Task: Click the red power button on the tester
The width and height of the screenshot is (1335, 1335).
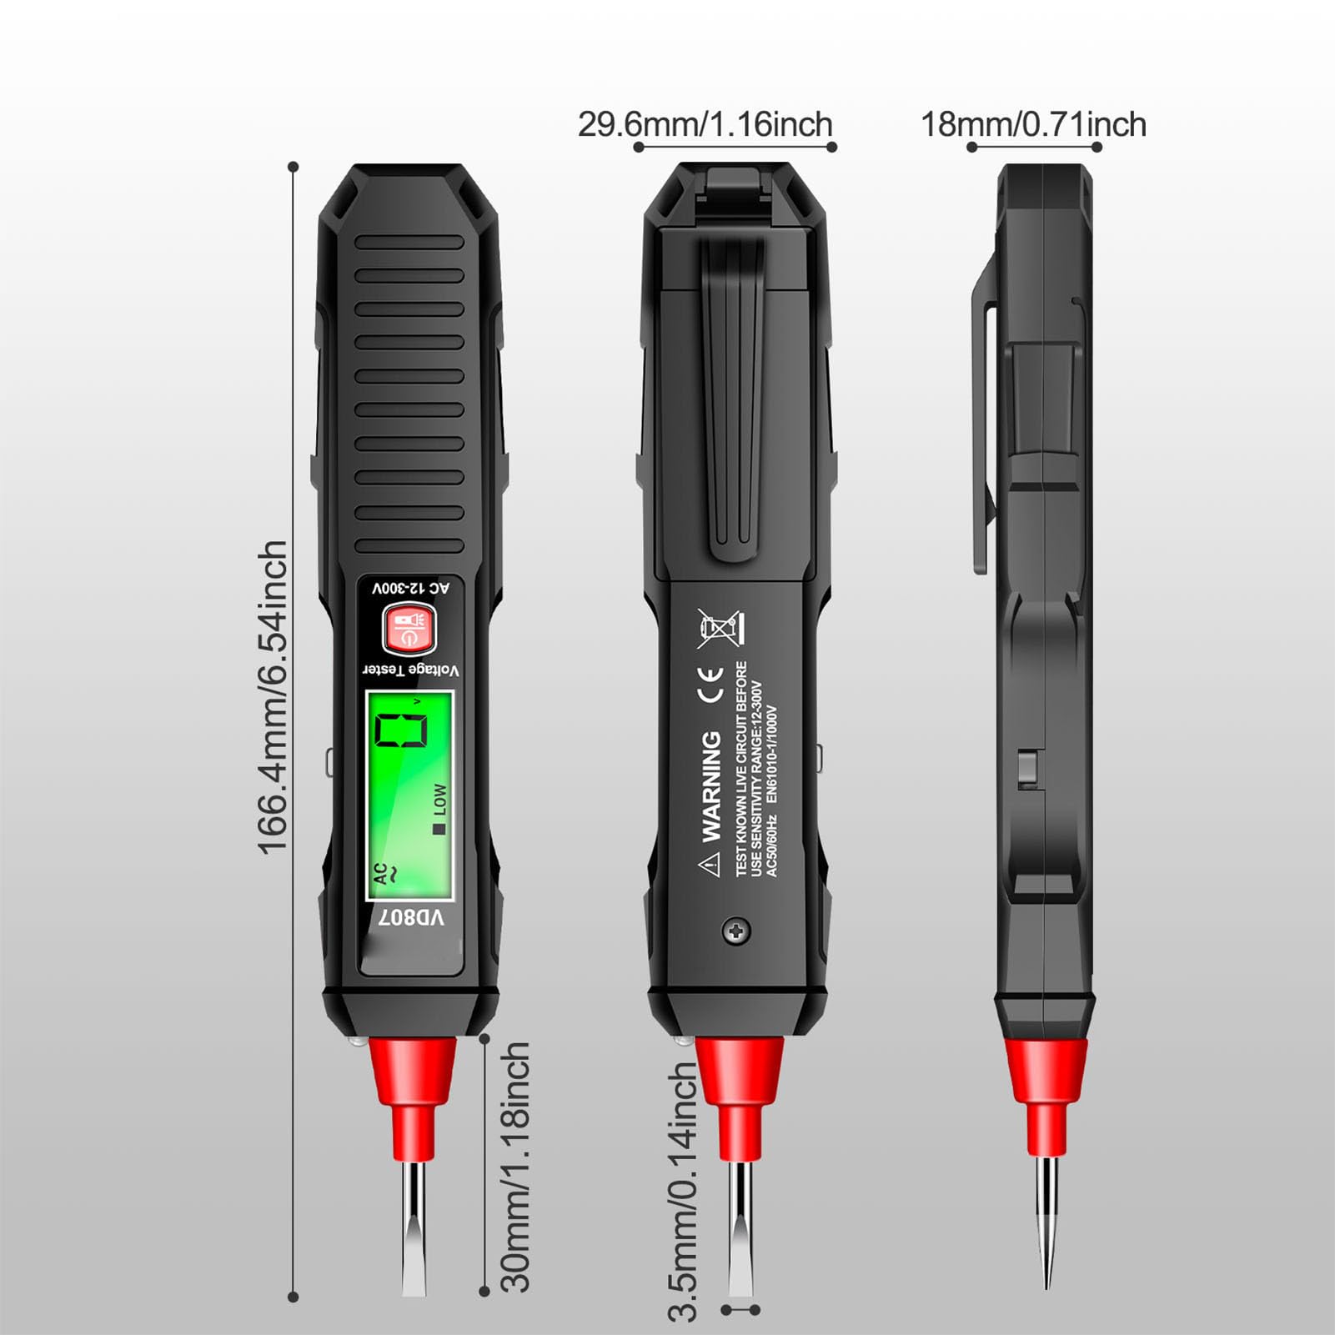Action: pos(409,630)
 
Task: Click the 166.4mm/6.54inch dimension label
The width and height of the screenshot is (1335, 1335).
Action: pos(274,697)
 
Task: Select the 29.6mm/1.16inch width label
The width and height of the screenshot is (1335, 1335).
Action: pos(705,125)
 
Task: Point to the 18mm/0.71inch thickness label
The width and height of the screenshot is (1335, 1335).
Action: pos(1033,125)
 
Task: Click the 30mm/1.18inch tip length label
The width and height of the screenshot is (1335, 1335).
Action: pos(515,1167)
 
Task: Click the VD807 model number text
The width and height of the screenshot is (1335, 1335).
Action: pos(412,919)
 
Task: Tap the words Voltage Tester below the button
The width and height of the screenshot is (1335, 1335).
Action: pos(410,670)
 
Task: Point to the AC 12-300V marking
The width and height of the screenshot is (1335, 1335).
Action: pos(411,589)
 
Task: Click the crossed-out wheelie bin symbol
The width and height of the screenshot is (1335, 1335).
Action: pos(720,629)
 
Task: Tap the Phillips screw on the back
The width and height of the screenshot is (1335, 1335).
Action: pos(735,931)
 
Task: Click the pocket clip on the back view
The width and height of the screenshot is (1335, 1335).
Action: pos(733,400)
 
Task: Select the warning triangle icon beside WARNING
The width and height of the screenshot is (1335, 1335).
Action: pos(710,865)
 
